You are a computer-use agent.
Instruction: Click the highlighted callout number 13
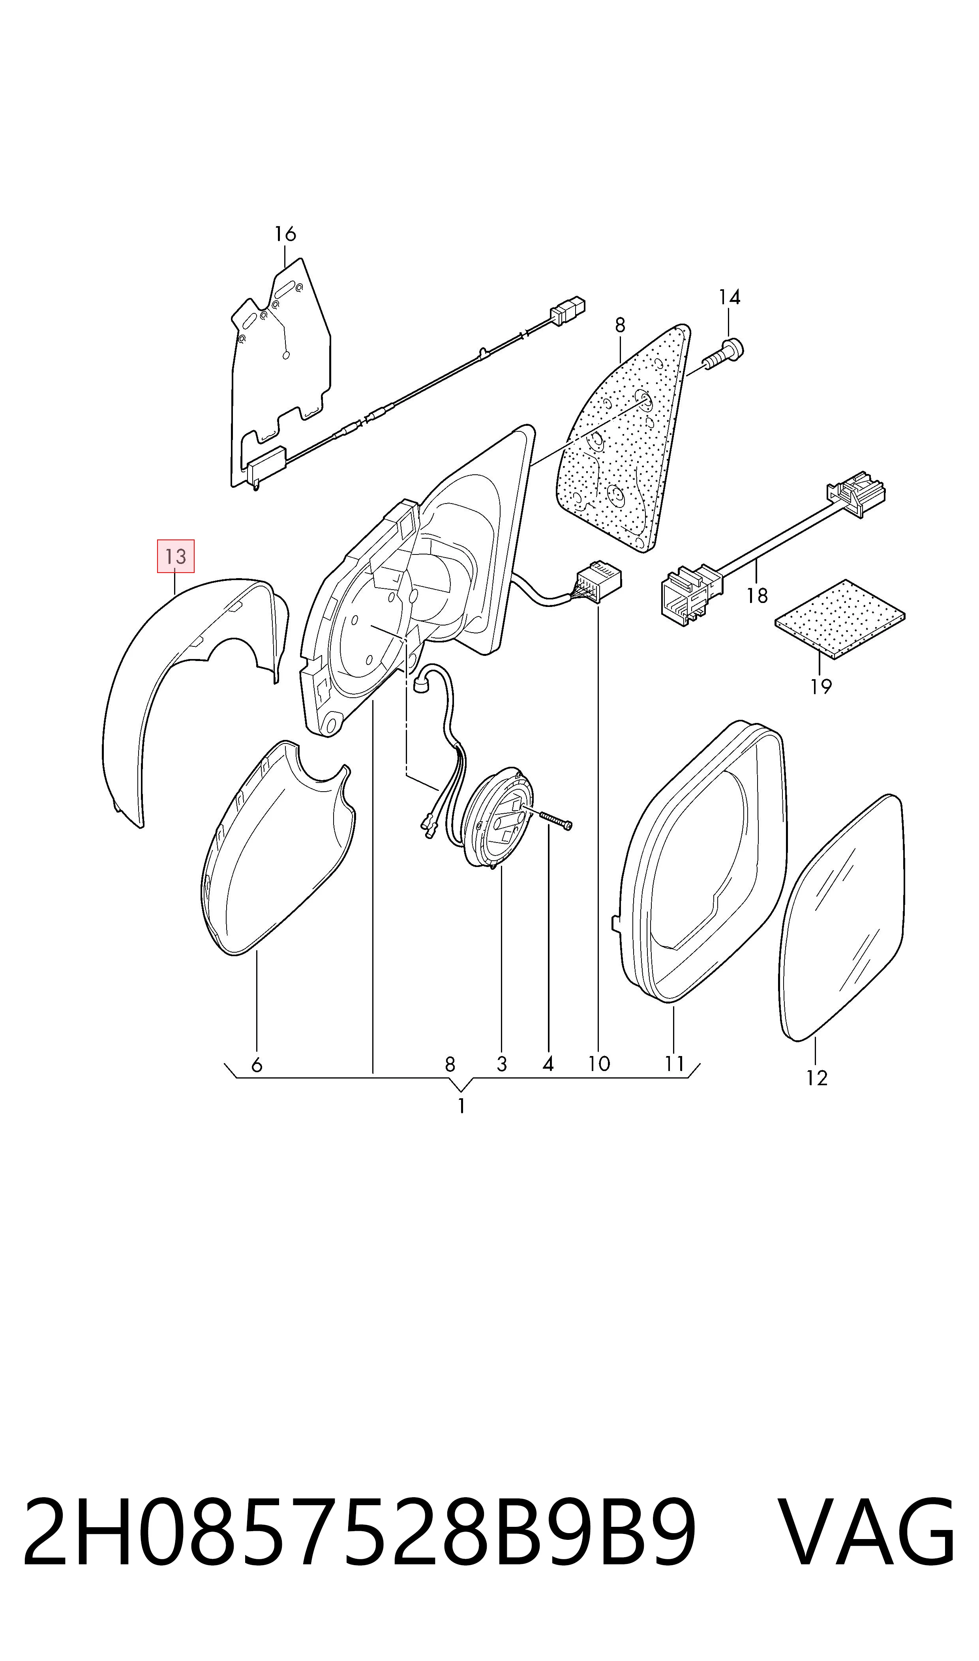pyautogui.click(x=176, y=556)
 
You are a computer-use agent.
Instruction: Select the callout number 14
pyautogui.click(x=729, y=298)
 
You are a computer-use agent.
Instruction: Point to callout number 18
pyautogui.click(x=757, y=596)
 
